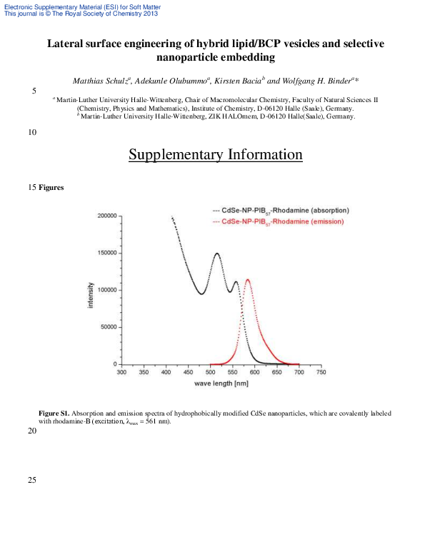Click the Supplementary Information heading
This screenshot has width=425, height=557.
(215, 155)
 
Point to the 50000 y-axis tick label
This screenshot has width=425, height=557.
(109, 327)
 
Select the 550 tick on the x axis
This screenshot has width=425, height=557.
(232, 373)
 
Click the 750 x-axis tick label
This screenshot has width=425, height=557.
(321, 373)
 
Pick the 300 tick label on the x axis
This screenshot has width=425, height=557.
(121, 373)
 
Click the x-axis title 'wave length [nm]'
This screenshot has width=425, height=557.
(221, 384)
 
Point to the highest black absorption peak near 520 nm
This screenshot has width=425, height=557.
(216, 254)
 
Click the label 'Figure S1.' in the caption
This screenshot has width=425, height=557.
(54, 413)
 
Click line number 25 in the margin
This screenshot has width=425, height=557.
(32, 479)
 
